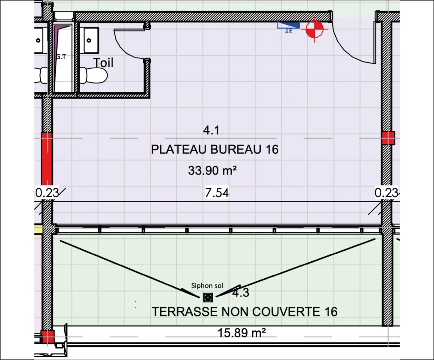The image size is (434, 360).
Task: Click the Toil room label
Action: coord(103,63)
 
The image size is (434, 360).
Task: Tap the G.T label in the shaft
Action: coord(61,57)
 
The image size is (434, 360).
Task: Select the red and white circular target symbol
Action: coord(315,29)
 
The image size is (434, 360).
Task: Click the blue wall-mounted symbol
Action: coord(289,27)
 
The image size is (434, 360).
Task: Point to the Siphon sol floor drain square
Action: coord(208,297)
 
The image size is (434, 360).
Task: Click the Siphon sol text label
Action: coord(207,285)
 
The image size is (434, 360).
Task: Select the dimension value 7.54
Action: coord(217,193)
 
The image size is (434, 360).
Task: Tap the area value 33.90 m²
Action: coord(212,170)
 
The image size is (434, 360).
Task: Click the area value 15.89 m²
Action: coord(242,332)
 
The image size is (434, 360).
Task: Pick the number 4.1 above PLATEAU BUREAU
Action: coord(211,130)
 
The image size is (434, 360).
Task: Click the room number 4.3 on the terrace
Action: coord(241,293)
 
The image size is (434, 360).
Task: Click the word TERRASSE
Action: coord(185,312)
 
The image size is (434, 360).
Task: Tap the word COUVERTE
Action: coord(286,312)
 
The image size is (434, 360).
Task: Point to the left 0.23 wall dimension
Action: coord(47,193)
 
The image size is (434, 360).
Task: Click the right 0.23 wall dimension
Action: coord(387,193)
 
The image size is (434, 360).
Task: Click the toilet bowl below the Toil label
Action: coord(94,75)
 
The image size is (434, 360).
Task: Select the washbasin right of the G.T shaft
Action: coord(91,40)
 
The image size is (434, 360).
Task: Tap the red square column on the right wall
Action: coord(388,138)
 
